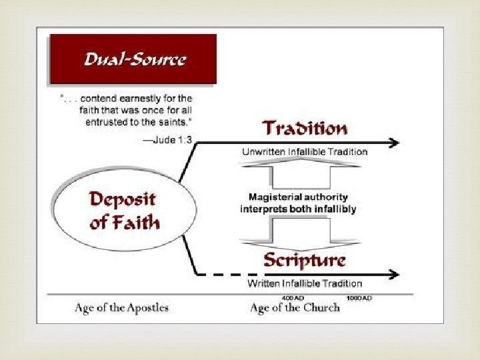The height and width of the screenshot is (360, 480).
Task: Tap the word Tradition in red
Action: [305, 128]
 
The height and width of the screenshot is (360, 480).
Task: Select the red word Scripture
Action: [305, 259]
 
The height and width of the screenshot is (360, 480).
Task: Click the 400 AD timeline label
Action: [293, 297]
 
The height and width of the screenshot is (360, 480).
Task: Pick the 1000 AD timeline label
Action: [359, 297]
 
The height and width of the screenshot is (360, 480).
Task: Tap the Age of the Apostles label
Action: [121, 307]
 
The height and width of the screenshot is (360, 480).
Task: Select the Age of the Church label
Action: [295, 307]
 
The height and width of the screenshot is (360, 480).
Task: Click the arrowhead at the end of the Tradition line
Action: [394, 142]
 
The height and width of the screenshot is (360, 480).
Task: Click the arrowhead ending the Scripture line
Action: [394, 274]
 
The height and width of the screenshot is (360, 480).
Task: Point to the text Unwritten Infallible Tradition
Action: [304, 152]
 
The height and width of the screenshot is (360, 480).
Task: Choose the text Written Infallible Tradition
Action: [305, 284]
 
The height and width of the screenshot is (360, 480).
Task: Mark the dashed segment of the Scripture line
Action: [230, 274]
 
